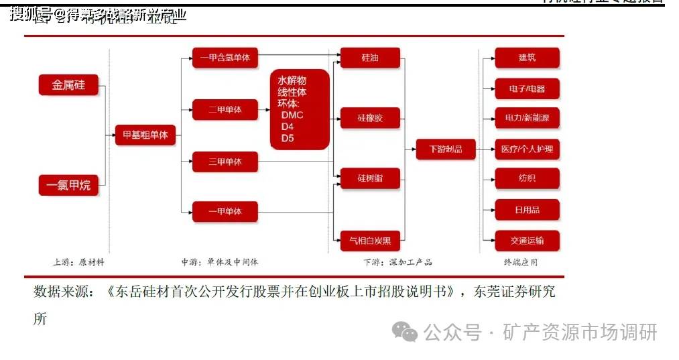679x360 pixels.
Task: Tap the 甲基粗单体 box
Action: (x=145, y=135)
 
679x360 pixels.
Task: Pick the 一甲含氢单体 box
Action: (x=225, y=58)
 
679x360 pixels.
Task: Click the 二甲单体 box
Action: (x=225, y=109)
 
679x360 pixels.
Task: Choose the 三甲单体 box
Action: (x=225, y=162)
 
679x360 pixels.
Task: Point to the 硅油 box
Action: (x=370, y=58)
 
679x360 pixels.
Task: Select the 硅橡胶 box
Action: (x=370, y=119)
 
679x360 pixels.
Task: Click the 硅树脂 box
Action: (x=370, y=178)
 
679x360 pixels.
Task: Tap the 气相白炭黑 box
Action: (x=370, y=239)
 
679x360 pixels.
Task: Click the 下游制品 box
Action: (x=445, y=149)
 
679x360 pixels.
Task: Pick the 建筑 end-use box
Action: (x=527, y=58)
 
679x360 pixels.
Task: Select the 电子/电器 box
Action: (x=527, y=88)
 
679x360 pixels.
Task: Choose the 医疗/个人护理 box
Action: (x=527, y=149)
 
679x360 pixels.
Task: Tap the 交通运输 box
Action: (x=527, y=240)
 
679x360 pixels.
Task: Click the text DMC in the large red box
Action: (x=292, y=115)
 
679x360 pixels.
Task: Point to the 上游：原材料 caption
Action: (x=79, y=262)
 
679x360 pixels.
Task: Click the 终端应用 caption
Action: (x=521, y=262)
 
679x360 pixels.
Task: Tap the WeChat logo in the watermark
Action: (x=405, y=331)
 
